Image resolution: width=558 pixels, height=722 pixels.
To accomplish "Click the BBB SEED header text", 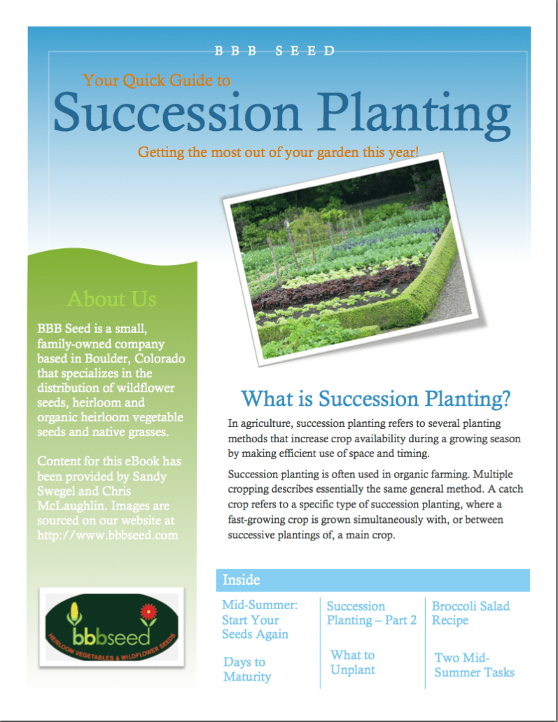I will [274, 51].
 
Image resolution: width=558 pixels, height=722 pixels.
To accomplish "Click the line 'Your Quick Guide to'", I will [157, 81].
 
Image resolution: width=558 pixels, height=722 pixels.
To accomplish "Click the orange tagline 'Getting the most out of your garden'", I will [278, 151].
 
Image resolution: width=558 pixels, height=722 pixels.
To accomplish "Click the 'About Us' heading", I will [111, 299].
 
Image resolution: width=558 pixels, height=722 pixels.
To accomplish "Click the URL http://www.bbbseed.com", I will [108, 535].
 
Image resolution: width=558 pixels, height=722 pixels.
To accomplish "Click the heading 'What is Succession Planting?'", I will [375, 399].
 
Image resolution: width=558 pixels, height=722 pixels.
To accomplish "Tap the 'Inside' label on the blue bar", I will [241, 580].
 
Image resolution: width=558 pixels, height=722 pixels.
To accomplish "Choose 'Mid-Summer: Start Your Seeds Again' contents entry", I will [259, 620].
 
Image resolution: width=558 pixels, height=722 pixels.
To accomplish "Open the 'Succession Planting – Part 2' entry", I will [371, 613].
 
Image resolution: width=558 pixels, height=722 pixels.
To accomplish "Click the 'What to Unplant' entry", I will [352, 662].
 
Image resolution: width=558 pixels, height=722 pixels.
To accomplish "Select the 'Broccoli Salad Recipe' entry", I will [470, 613].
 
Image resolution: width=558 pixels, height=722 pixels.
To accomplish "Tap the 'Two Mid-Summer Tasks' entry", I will [474, 665].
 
